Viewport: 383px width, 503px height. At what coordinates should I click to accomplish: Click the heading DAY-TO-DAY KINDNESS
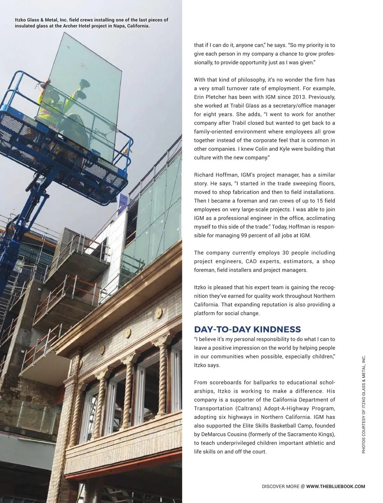[247, 329]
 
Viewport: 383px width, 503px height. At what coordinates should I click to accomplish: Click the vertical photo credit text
[364, 404]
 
